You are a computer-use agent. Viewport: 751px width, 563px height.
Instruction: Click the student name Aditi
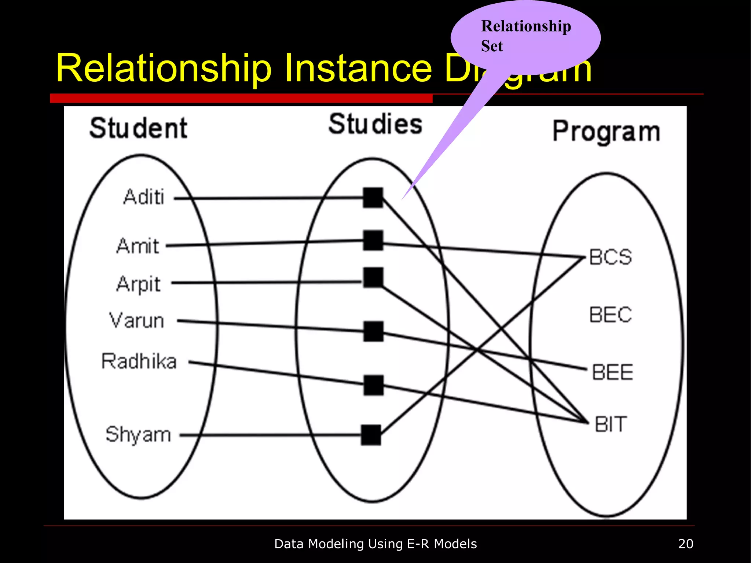(144, 197)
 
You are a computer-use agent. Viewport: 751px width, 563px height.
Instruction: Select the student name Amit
(138, 246)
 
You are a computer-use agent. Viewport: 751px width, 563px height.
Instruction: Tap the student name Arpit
(139, 284)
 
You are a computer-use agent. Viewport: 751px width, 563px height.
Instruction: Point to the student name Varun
(136, 320)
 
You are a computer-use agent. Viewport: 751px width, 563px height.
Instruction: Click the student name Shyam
(138, 435)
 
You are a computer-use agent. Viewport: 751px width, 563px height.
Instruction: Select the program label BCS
(611, 257)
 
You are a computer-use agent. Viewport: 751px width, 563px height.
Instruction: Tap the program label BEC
(611, 315)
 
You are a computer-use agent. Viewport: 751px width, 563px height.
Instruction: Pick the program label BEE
(612, 372)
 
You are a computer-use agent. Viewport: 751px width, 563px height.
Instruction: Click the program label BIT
(611, 424)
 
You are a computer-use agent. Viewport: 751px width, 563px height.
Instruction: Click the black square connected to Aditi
(373, 198)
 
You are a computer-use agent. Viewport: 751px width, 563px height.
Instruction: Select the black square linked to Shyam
(371, 435)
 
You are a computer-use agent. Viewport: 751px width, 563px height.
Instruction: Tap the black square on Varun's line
(373, 331)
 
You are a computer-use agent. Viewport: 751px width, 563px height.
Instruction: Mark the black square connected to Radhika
(373, 385)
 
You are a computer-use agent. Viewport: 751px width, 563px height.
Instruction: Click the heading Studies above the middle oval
(375, 124)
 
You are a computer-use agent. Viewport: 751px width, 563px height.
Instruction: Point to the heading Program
(606, 132)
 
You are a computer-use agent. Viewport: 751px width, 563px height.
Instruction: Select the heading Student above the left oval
(138, 128)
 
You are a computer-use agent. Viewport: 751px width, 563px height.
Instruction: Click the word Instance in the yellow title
(358, 69)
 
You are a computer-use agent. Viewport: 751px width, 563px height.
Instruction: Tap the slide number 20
(685, 544)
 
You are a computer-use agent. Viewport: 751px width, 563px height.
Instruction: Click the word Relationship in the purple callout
(526, 26)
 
